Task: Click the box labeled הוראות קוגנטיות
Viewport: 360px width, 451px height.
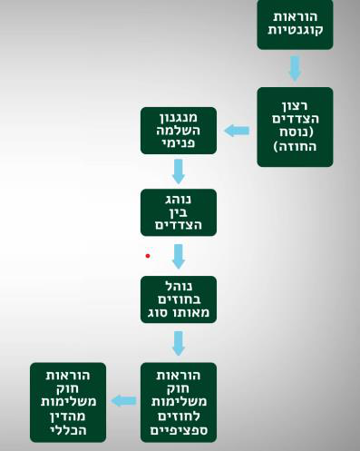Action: coord(295,25)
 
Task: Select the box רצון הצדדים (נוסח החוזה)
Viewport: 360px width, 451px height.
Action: coord(295,127)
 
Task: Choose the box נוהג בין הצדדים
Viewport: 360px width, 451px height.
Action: coord(179,212)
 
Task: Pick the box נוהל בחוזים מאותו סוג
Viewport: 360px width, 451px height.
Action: coord(179,299)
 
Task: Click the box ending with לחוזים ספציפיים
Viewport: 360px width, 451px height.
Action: coord(179,401)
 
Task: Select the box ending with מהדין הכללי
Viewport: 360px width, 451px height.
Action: coord(67,401)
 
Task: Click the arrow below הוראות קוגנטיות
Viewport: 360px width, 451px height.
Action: coord(295,68)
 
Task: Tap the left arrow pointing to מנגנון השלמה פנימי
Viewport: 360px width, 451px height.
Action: coord(237,131)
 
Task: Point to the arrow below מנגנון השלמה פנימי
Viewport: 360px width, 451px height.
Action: coord(179,171)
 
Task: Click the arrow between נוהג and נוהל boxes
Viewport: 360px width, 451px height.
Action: coord(179,256)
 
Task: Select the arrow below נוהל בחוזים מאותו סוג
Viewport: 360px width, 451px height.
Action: coord(179,343)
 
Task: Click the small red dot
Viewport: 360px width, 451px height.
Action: coord(148,256)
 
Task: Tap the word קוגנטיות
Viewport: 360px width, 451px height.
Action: coord(295,32)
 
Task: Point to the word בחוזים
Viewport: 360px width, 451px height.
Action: coord(179,299)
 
